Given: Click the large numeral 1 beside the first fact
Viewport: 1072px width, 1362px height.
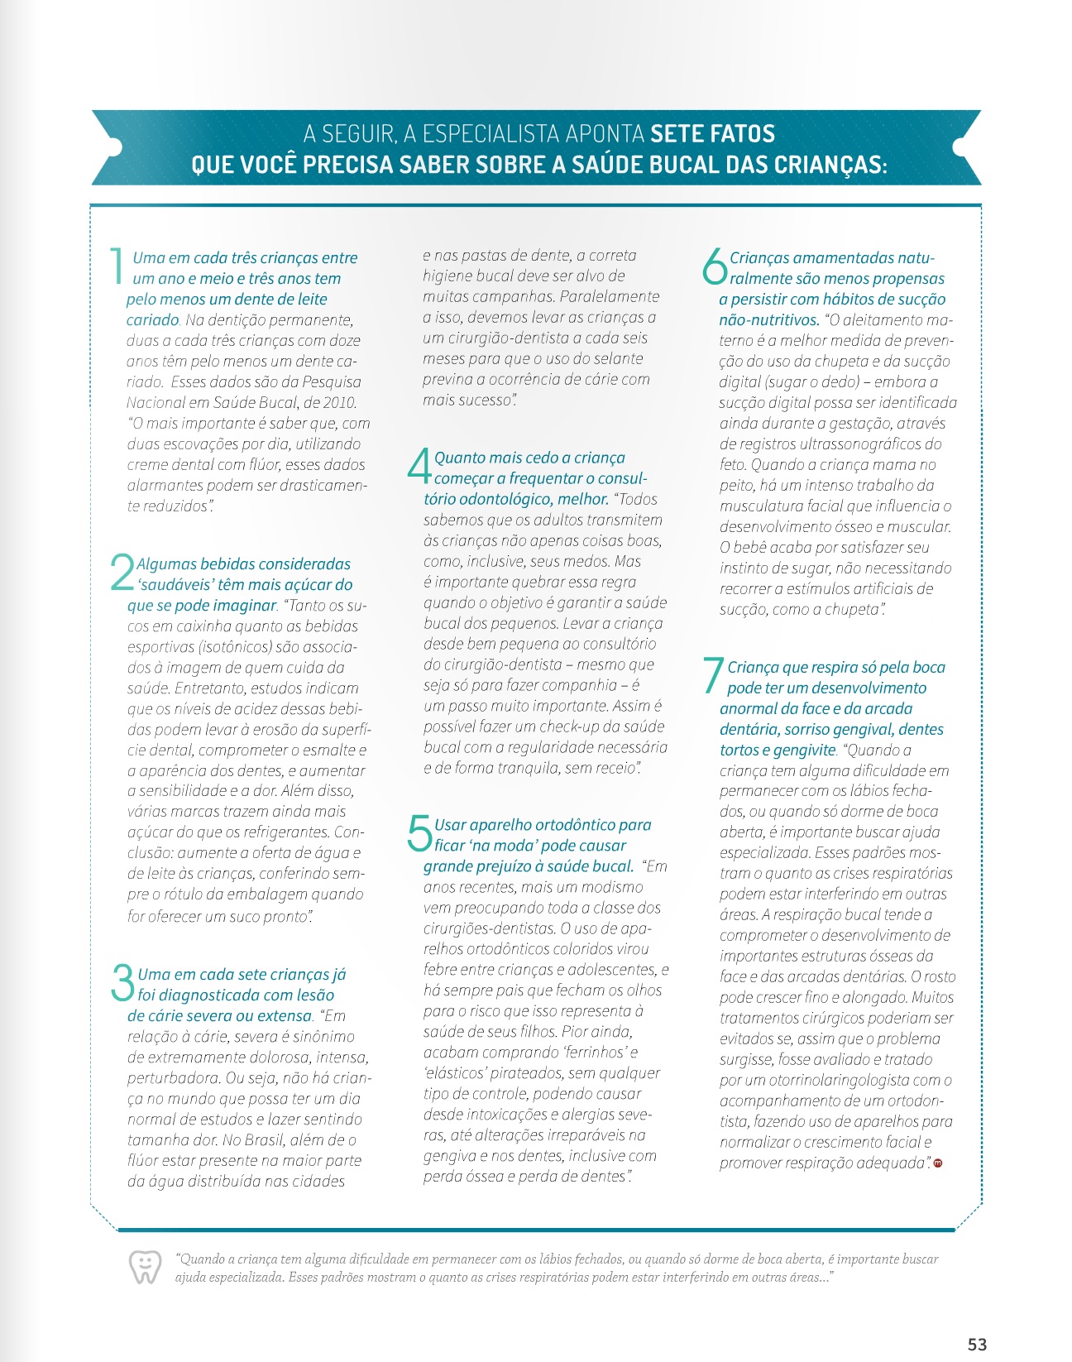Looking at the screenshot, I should [x=116, y=266].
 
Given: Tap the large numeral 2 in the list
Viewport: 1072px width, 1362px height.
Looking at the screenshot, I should [x=122, y=572].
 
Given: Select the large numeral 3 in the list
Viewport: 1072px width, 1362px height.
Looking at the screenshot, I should [x=122, y=982].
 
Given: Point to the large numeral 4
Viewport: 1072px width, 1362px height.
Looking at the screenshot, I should [x=419, y=466].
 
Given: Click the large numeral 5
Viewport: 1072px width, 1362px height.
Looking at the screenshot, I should [x=419, y=832].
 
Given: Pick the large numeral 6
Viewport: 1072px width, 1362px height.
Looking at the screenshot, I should [x=715, y=266].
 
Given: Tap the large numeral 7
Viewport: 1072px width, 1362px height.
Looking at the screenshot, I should [x=712, y=675].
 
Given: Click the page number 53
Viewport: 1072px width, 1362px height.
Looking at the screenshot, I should [x=977, y=1345].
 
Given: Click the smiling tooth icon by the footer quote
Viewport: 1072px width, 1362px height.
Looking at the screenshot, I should [x=145, y=1267].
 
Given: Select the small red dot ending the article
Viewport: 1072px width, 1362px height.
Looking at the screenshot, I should [x=938, y=1163].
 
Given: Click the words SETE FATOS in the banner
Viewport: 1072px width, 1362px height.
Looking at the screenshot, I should [x=712, y=134].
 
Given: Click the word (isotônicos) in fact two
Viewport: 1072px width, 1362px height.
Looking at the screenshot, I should [x=233, y=647].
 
